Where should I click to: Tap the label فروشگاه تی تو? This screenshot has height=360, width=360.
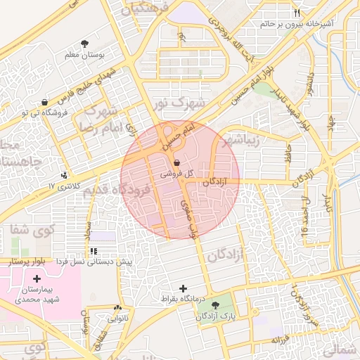(x=26, y=112)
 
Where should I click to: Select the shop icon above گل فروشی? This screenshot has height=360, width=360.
(x=176, y=162)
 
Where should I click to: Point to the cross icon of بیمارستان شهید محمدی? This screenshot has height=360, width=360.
(x=37, y=279)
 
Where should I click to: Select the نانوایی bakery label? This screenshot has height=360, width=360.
(x=117, y=319)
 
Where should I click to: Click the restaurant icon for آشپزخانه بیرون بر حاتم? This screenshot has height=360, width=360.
(x=296, y=13)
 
